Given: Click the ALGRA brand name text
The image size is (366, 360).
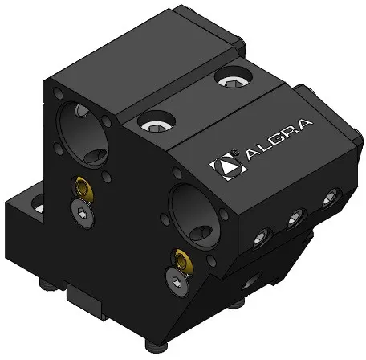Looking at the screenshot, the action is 279,140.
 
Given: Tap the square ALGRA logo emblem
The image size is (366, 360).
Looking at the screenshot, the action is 228,166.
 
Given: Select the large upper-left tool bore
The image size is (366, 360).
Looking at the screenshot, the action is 83,134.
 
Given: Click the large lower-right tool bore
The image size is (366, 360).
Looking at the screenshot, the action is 195,215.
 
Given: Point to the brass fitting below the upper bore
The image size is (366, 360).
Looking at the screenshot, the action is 83,188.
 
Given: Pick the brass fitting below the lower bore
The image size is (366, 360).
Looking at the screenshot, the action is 182,261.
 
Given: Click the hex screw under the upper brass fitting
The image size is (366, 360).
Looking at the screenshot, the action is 83,214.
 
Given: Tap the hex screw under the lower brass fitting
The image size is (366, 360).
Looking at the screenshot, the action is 177,282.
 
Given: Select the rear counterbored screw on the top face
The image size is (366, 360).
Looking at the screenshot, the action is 233,78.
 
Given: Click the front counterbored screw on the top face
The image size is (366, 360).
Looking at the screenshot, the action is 157,124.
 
